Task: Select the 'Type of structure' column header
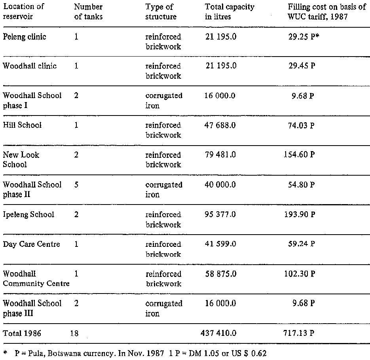[x=161, y=12]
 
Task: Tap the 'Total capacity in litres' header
[x=230, y=12]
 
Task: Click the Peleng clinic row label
[x=25, y=37]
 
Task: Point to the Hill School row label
[x=22, y=125]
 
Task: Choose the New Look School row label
[x=21, y=159]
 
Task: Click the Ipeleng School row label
[x=28, y=214]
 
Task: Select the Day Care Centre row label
[x=32, y=244]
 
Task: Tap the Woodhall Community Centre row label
[x=36, y=279]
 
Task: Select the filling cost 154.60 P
[x=299, y=155]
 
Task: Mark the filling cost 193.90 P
[x=299, y=214]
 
